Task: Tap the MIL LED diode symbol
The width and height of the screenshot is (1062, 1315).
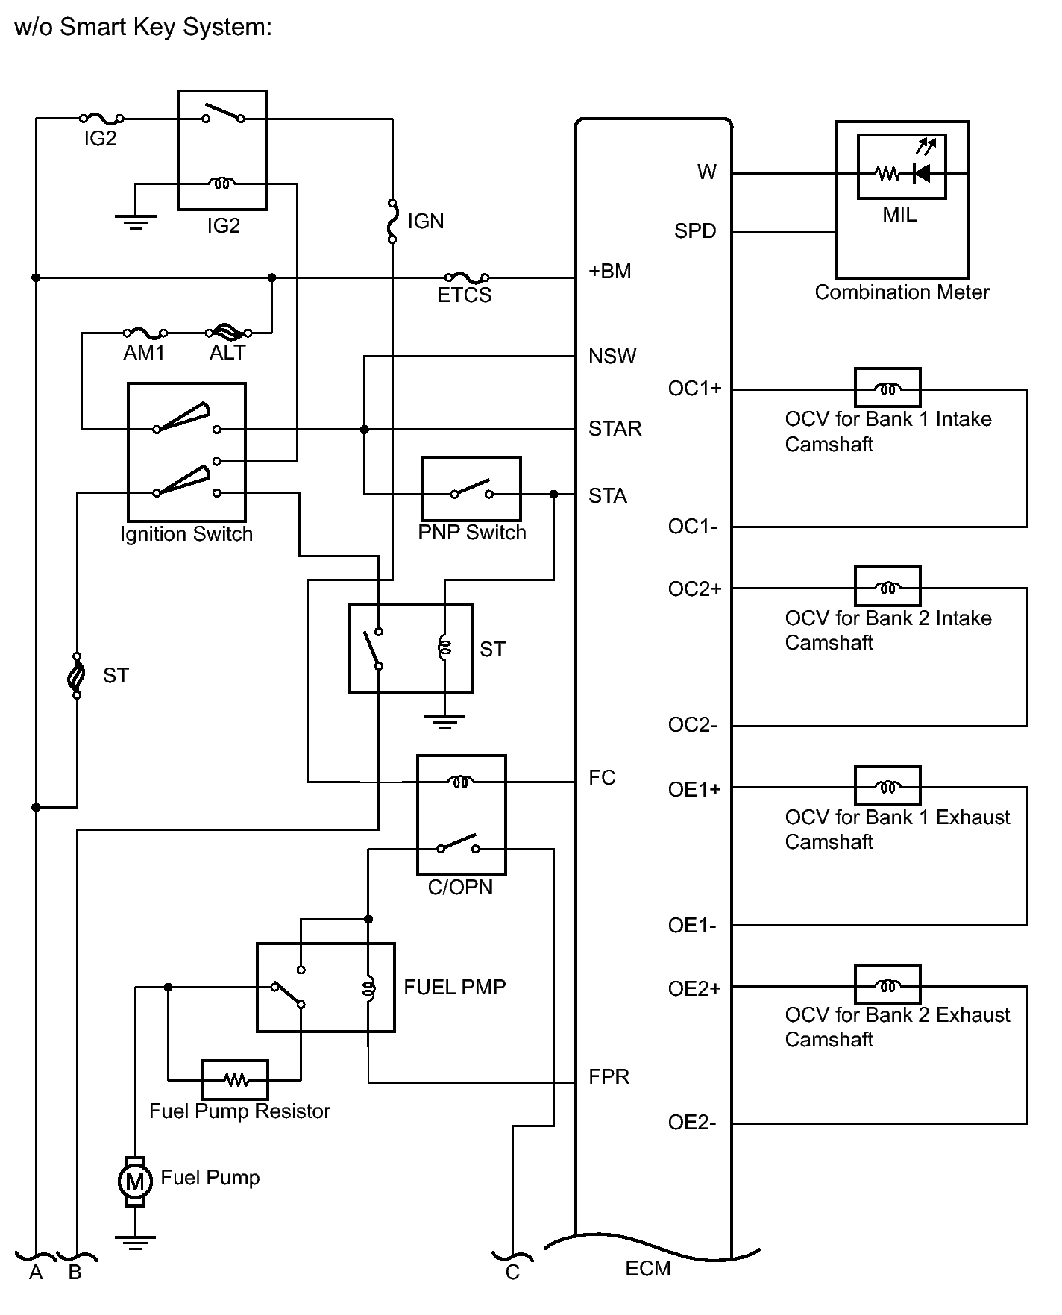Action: [x=922, y=173]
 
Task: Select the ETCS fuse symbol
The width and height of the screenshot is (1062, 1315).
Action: [x=467, y=277]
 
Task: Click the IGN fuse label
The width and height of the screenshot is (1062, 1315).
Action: [x=425, y=222]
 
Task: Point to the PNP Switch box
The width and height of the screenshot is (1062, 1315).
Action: [x=471, y=489]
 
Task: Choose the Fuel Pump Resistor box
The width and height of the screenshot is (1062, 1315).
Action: [x=236, y=1079]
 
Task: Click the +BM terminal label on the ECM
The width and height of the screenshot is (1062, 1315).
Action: [x=610, y=271]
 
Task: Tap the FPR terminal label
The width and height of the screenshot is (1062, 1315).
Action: [x=609, y=1076]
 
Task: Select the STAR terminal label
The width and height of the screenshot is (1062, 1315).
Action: [x=615, y=429]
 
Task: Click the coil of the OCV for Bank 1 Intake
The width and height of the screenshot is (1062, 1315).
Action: [x=887, y=389]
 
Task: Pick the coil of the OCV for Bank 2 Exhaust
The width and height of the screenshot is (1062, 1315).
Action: [x=887, y=986]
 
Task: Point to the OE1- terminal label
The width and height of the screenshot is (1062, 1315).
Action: [x=692, y=926]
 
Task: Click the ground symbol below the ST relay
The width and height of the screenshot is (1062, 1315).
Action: [x=444, y=721]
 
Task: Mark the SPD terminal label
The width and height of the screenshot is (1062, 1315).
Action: [x=695, y=231]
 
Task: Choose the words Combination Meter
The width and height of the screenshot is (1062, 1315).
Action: [x=902, y=292]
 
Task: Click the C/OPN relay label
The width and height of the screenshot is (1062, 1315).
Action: [x=460, y=888]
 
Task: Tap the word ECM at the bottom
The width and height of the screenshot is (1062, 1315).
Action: [x=648, y=1269]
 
